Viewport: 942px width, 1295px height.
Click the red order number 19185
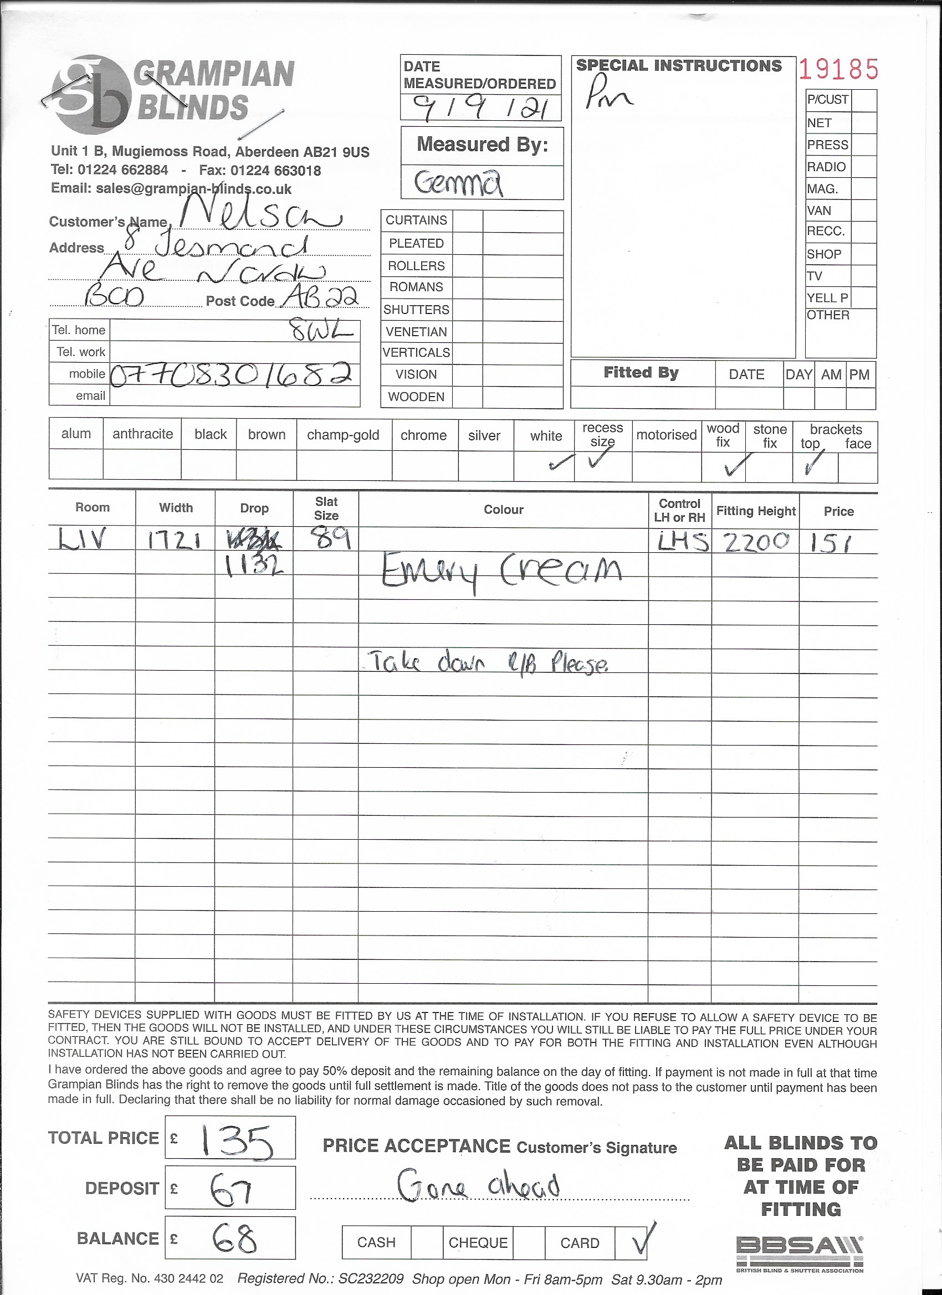click(x=837, y=69)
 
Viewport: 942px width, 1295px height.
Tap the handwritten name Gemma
click(x=459, y=183)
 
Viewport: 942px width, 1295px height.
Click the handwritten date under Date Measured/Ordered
click(x=480, y=106)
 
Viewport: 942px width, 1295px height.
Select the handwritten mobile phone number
click(x=229, y=374)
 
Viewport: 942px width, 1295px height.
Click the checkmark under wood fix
click(x=734, y=466)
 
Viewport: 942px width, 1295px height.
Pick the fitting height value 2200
click(x=756, y=541)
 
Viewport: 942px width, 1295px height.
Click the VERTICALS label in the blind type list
click(x=417, y=353)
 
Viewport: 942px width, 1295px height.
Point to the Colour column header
click(x=503, y=510)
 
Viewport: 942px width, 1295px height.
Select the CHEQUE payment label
click(x=478, y=1242)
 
